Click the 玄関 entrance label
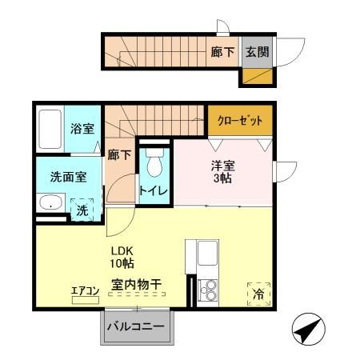(x=257, y=52)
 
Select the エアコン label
(x=84, y=290)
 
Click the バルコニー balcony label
(x=136, y=327)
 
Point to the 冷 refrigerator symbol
(x=258, y=294)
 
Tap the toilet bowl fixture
(x=154, y=166)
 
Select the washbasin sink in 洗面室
(x=53, y=203)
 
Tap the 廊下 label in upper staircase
(x=222, y=52)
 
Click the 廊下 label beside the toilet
(x=119, y=155)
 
